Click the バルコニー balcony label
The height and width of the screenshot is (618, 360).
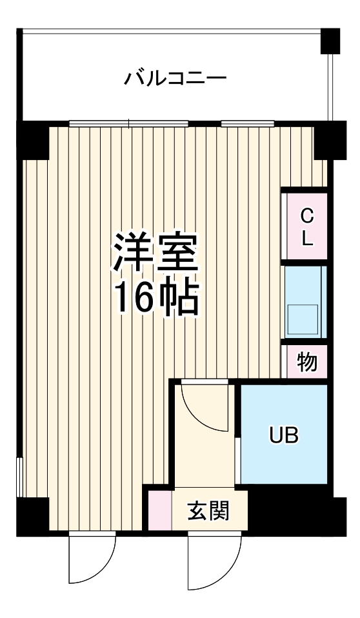coord(175,79)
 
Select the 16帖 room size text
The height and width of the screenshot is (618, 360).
coord(157,297)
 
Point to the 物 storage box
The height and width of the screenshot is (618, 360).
coord(307,363)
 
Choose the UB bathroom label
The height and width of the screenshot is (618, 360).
coord(283,435)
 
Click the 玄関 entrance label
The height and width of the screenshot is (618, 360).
coord(208,512)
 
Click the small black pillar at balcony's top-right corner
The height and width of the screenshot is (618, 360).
coord(330,41)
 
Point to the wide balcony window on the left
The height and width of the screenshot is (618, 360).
coord(129,123)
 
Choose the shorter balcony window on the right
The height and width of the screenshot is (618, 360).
coord(248,123)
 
